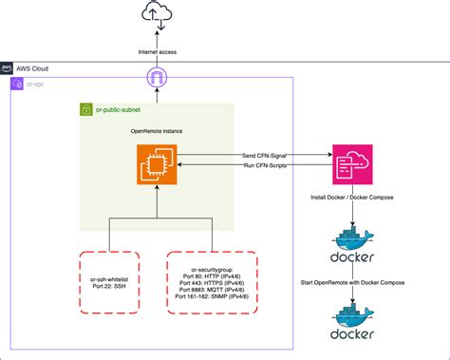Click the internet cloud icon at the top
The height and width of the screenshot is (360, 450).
[155, 16]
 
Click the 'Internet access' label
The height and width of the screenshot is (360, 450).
[155, 52]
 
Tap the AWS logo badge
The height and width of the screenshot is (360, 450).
[8, 68]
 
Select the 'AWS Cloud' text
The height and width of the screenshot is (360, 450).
[32, 68]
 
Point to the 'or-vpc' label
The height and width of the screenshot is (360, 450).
[34, 85]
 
